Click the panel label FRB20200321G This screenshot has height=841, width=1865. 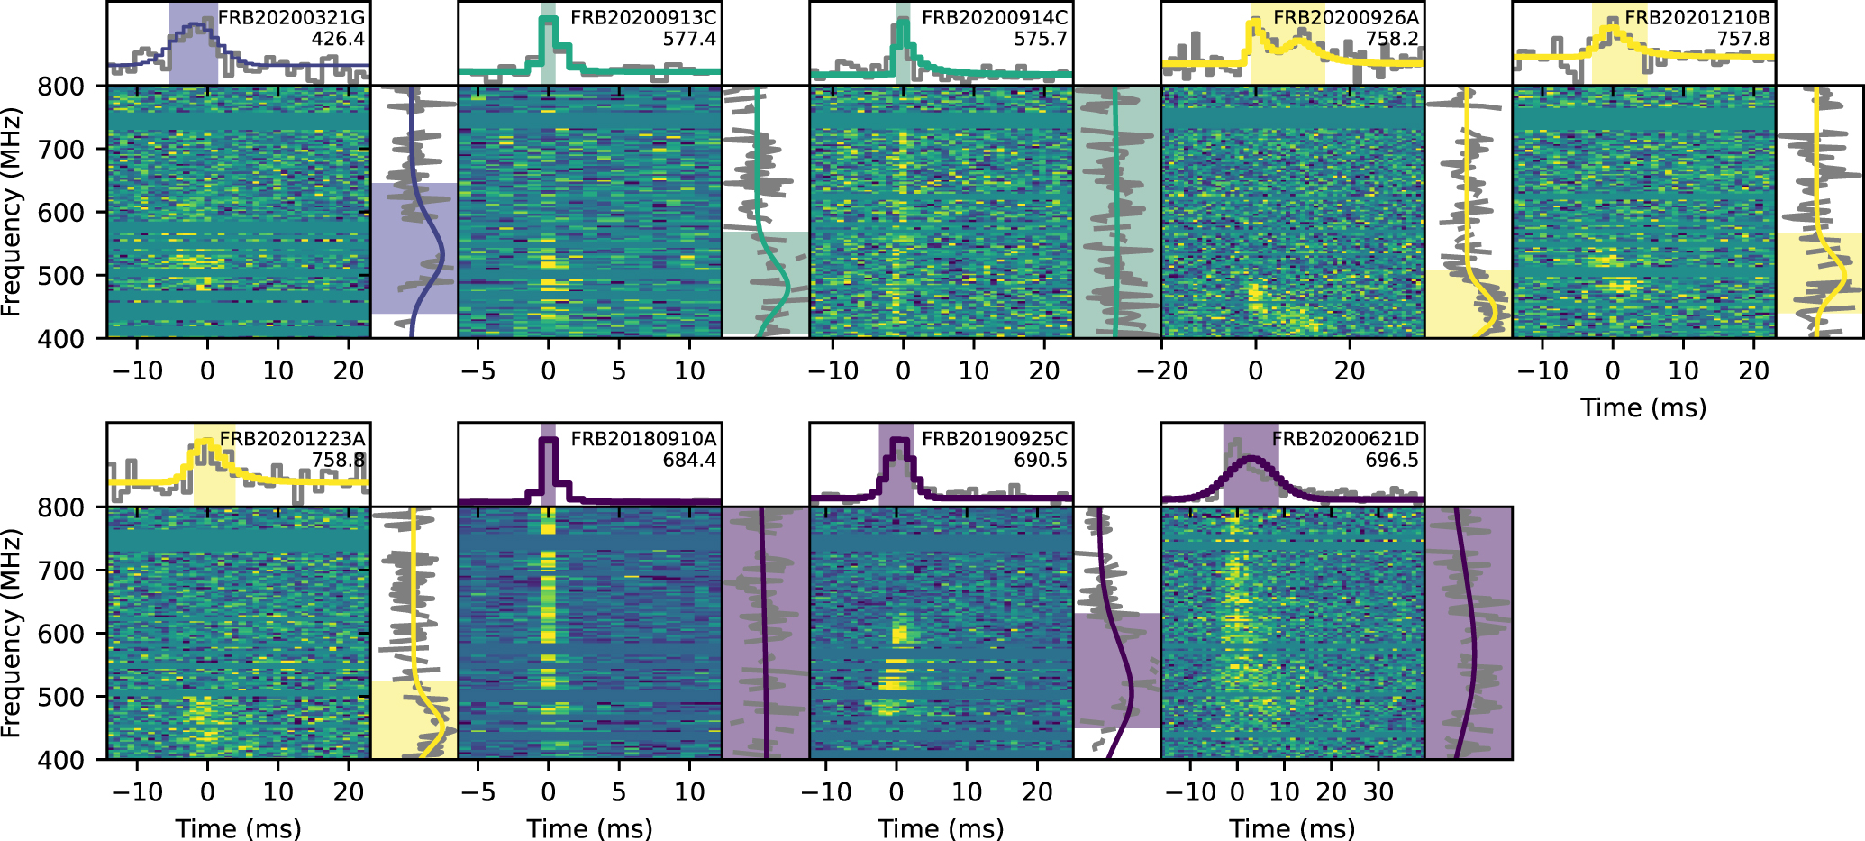click(292, 18)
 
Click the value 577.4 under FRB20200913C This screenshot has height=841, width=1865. click(689, 39)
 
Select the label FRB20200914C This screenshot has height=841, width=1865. click(995, 18)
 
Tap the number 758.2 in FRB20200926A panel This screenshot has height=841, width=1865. click(1392, 39)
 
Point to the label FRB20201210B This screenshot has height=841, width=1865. click(1697, 18)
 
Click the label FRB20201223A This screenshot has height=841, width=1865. click(292, 439)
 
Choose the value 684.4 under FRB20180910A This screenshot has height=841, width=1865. click(689, 461)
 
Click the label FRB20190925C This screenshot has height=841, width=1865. click(995, 439)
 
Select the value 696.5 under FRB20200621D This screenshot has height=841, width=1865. click(1392, 461)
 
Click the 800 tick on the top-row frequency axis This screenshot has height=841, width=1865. click(60, 87)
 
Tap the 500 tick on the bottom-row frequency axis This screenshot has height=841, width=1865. click(60, 697)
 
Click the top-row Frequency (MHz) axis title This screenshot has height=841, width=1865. click(11, 213)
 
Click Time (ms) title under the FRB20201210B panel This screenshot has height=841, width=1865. click(1643, 407)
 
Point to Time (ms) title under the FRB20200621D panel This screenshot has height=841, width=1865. click(1292, 828)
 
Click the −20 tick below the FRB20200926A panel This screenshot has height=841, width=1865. click(1162, 370)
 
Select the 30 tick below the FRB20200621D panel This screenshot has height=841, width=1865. click(1378, 792)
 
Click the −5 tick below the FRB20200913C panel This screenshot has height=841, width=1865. click(478, 370)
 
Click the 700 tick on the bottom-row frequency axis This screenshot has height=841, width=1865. click(60, 571)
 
